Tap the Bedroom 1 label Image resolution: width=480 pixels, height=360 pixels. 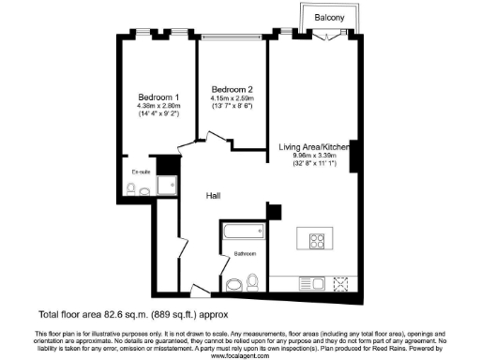click(x=158, y=97)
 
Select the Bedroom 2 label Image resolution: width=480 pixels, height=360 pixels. click(x=230, y=80)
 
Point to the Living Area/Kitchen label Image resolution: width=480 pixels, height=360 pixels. click(x=313, y=147)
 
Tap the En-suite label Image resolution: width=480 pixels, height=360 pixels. click(x=142, y=172)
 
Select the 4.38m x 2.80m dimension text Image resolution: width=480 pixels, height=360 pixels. click(x=158, y=107)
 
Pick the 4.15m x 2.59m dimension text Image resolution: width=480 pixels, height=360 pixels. click(x=230, y=89)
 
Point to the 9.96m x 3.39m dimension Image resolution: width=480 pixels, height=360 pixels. click(x=313, y=157)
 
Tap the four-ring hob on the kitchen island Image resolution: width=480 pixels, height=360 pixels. click(x=313, y=240)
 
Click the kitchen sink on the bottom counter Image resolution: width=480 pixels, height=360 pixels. click(x=308, y=282)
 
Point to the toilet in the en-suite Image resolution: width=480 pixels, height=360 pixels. click(x=142, y=191)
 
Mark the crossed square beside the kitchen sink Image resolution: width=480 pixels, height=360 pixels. click(x=339, y=282)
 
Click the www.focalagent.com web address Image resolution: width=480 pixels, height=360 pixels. click(x=239, y=355)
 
